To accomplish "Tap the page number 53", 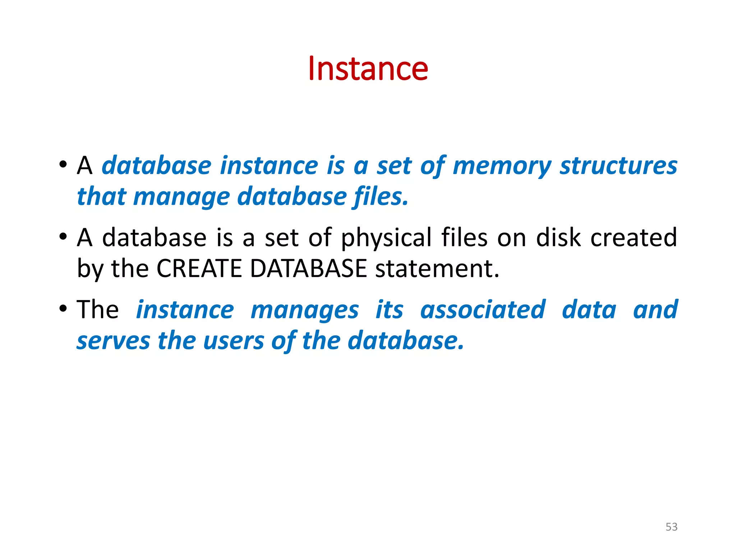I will pyautogui.click(x=671, y=527).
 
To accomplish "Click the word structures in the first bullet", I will pyautogui.click(x=618, y=166).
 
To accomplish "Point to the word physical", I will pyautogui.click(x=386, y=238).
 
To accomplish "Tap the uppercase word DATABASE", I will pyautogui.click(x=308, y=268).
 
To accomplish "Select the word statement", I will pyautogui.click(x=437, y=269).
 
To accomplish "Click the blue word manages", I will pyautogui.click(x=304, y=310).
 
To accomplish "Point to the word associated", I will pyautogui.click(x=483, y=309).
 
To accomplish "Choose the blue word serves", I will pyautogui.click(x=113, y=341).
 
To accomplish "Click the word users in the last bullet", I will pyautogui.click(x=234, y=341).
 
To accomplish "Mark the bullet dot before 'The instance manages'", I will pyautogui.click(x=63, y=309).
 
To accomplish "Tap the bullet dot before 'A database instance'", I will pyautogui.click(x=63, y=165).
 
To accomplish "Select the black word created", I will pyautogui.click(x=634, y=238).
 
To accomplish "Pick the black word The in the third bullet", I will pyautogui.click(x=97, y=309).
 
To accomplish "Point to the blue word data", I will pyautogui.click(x=589, y=309).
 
